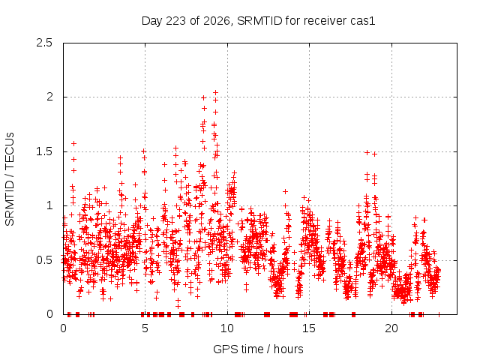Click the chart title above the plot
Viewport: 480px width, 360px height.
point(258,21)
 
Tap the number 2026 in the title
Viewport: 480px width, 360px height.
point(217,21)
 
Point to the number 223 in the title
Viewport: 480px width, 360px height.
point(175,21)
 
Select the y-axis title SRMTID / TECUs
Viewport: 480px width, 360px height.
point(10,179)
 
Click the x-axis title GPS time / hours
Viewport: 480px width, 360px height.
point(258,349)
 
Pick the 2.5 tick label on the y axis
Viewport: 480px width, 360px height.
point(44,43)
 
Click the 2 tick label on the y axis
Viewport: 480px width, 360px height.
point(49,97)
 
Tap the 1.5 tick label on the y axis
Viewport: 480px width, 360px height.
point(44,151)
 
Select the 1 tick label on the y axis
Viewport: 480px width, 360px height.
point(50,205)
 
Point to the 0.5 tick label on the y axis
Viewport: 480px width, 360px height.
point(44,260)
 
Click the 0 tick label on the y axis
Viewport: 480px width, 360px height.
point(49,314)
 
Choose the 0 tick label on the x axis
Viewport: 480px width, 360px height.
point(63,328)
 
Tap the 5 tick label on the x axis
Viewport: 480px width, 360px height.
point(145,328)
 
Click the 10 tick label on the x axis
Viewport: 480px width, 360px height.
point(227,328)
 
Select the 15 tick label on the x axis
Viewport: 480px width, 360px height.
point(309,328)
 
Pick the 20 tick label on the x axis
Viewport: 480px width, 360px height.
point(391,328)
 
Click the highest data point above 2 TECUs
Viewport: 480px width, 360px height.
point(215,92)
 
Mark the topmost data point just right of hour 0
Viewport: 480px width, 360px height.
point(73,143)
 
